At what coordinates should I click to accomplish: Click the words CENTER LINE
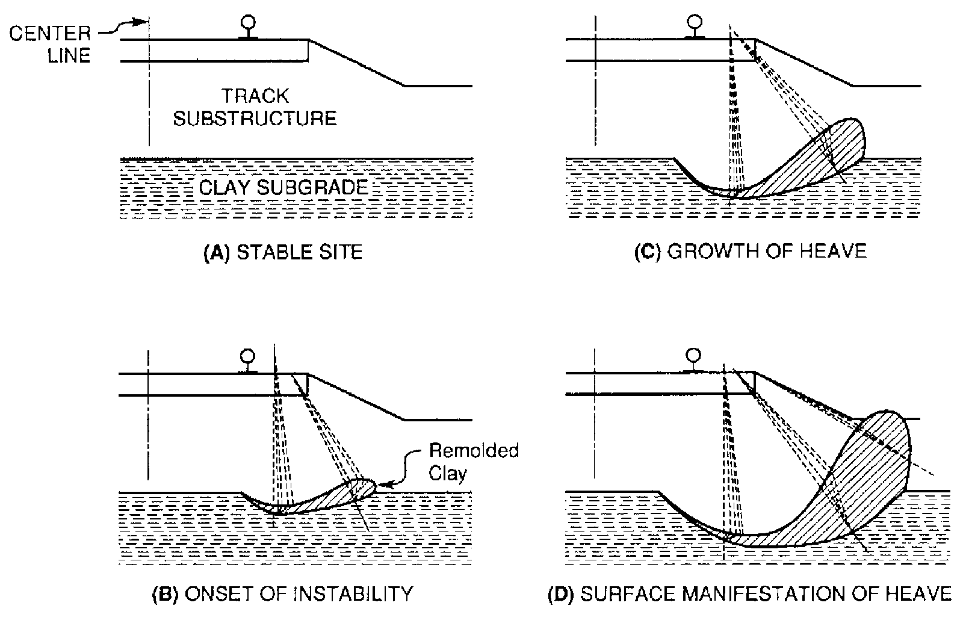click(50, 45)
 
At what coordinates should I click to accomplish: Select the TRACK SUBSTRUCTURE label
click(255, 108)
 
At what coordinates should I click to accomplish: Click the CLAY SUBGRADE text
click(283, 187)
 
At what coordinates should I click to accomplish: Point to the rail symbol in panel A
click(249, 28)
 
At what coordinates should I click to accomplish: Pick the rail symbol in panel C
click(695, 27)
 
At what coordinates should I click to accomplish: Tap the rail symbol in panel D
click(693, 361)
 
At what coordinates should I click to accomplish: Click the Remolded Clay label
click(474, 462)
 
